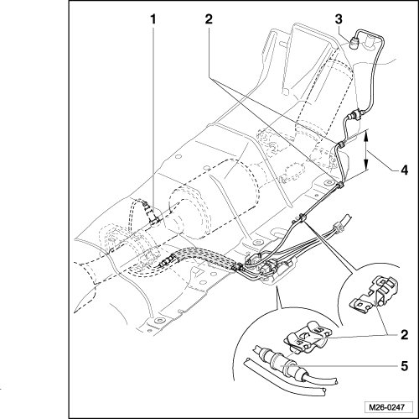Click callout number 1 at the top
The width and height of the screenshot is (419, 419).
tap(153, 19)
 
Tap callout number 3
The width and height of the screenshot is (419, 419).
tap(339, 19)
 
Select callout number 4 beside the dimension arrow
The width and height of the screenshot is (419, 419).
tap(404, 170)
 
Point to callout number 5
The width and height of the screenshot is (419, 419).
tap(404, 366)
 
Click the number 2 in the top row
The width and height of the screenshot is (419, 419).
tap(209, 19)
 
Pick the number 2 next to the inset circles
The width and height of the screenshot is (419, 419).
tap(404, 335)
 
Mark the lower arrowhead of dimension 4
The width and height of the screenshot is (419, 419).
tap(366, 165)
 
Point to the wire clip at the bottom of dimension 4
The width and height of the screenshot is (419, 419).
tap(340, 185)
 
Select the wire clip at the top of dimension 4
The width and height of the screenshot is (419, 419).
tap(341, 145)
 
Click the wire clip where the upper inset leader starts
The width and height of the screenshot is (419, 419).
tap(303, 217)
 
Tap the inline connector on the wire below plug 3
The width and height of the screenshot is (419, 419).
tap(354, 115)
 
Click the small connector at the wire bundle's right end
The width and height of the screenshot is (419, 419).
tap(338, 226)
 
